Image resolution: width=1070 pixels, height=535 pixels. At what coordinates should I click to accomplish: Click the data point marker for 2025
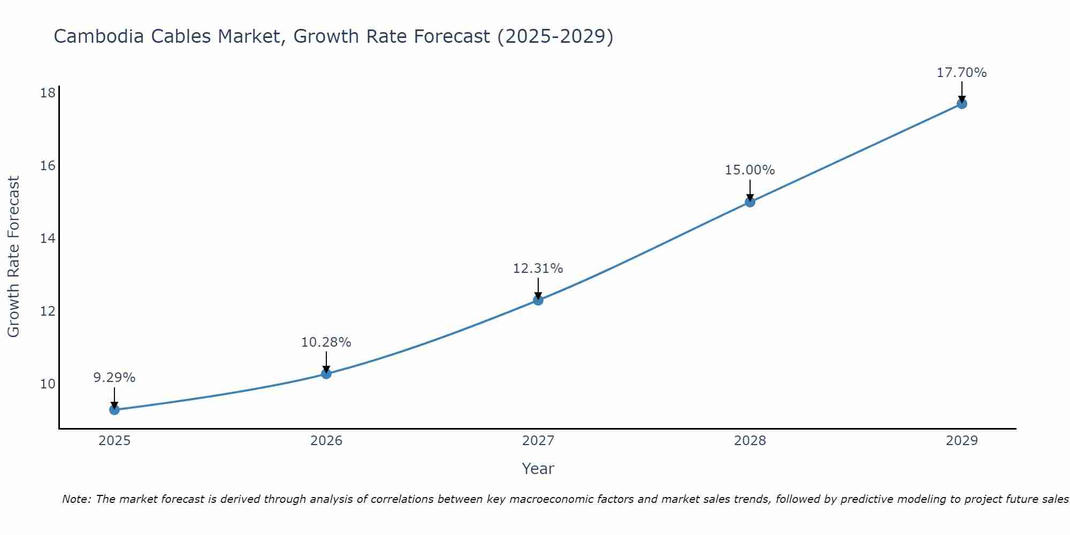114,410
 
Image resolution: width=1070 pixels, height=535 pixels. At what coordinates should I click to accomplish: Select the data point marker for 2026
326,373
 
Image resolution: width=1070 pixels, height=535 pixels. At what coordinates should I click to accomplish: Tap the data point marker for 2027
538,300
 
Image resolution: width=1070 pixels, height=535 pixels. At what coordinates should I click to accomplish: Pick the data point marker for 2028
750,202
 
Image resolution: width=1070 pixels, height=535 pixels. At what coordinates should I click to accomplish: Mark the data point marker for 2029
962,104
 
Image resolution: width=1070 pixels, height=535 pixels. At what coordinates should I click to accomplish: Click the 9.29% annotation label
114,378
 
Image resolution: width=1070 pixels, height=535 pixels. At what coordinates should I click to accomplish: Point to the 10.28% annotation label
326,342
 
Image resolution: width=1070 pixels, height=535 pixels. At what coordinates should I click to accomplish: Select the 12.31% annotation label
538,269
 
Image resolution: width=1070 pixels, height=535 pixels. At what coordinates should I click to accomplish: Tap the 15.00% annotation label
750,170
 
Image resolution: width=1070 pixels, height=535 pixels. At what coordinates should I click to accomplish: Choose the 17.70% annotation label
962,73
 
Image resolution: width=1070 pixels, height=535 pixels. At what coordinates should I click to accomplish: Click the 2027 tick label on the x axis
538,441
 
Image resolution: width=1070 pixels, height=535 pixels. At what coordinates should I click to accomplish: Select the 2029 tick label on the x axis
962,441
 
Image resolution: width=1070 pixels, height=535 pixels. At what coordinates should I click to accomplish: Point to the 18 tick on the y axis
48,93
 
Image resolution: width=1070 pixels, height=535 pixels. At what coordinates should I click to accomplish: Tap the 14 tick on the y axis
48,239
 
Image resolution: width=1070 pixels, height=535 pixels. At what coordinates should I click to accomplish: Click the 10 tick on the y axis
48,384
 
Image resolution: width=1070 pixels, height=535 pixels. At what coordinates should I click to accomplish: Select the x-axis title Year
538,469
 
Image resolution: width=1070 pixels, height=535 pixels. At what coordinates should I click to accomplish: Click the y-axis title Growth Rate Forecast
13,257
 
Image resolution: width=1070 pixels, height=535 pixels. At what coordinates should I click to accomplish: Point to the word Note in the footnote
76,499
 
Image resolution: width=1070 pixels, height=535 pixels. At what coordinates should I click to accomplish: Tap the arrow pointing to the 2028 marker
750,189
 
